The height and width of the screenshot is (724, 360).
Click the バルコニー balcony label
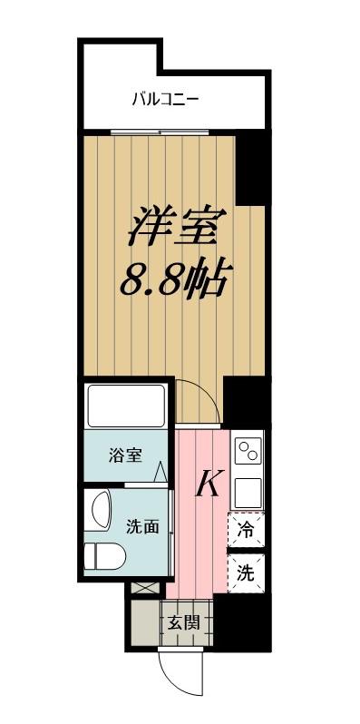pos(166,99)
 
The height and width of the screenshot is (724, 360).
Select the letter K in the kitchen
pos(210,483)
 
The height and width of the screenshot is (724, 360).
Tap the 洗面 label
pos(143,526)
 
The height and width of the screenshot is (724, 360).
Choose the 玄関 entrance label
pos(184,623)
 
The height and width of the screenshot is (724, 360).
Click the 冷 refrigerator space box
pos(247,530)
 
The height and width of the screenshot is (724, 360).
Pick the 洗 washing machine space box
pos(247,573)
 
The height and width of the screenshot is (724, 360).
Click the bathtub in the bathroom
pos(126,406)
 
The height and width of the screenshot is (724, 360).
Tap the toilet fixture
pos(104,555)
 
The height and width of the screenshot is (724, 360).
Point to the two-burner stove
pos(248,450)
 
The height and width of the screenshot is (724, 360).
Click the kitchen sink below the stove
pos(248,493)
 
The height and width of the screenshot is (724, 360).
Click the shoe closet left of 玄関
pos(145,623)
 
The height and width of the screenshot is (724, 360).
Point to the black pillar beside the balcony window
pos(249,170)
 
